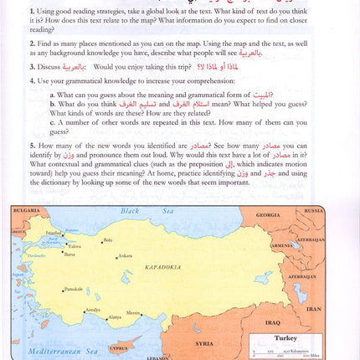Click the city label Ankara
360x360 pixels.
[x=124, y=255]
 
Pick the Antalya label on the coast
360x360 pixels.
[x=92, y=310]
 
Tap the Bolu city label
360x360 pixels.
[x=106, y=240]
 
